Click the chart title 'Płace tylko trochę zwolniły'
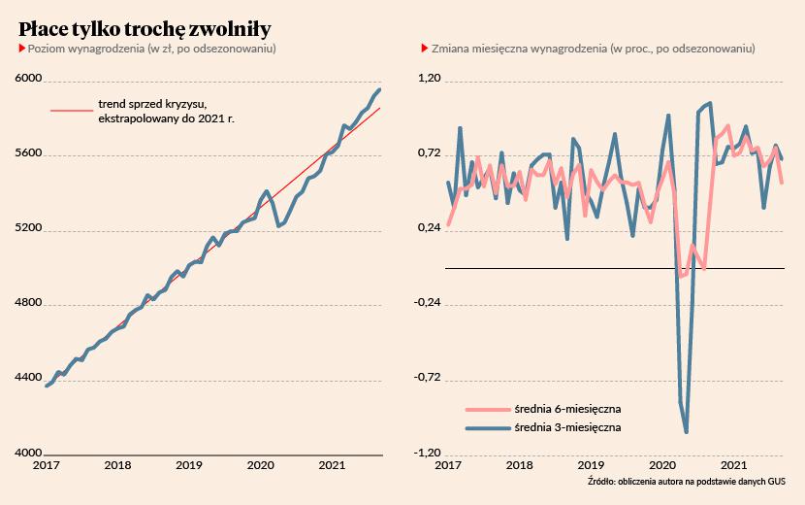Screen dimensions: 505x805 [x=145, y=25]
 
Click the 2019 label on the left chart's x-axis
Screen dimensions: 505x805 [x=188, y=466]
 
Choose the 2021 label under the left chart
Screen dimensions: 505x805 [x=332, y=466]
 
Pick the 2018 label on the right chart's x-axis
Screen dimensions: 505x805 [x=519, y=466]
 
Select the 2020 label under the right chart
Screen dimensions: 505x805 [x=662, y=466]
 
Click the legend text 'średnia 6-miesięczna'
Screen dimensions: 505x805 [x=567, y=409]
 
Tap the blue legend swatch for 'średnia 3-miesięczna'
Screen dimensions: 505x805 [x=487, y=427]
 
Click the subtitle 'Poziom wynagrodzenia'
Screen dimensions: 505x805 [x=86, y=48]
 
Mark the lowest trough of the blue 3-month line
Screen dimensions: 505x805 [x=687, y=432]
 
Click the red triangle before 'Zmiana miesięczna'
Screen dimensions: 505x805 [x=423, y=48]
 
